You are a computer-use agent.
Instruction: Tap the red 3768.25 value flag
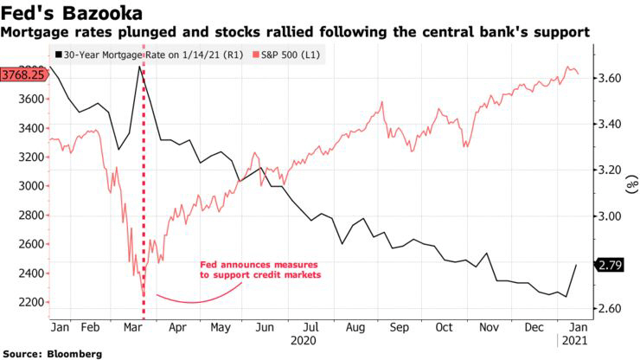tap(23, 74)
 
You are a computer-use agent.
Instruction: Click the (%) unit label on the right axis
tap(632, 184)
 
